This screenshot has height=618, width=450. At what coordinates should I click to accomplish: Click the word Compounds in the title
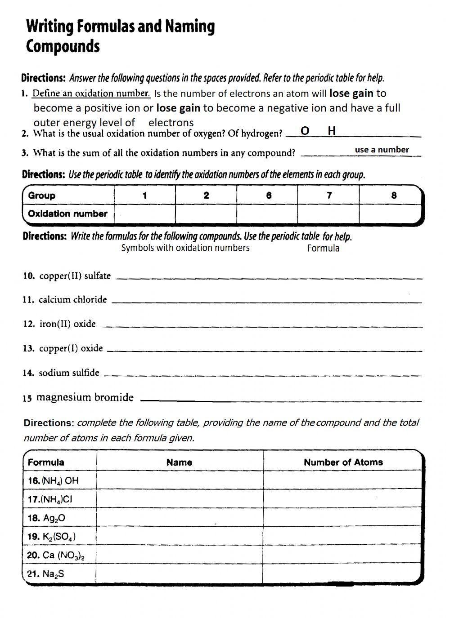(63, 47)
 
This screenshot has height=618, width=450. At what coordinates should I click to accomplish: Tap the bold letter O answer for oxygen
(305, 131)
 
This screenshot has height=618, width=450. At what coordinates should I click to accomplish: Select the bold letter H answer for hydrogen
(332, 131)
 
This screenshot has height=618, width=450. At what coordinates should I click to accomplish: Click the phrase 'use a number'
(382, 150)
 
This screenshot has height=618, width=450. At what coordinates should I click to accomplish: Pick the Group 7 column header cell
(329, 195)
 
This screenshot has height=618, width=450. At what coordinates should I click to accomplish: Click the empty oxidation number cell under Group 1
(144, 214)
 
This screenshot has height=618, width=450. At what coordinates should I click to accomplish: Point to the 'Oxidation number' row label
(67, 214)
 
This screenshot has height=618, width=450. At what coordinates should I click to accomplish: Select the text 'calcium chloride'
(72, 300)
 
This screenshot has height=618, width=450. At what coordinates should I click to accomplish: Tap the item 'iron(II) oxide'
(67, 324)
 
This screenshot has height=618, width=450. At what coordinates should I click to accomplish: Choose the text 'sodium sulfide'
(69, 373)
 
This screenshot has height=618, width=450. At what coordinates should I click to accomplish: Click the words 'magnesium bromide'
(85, 397)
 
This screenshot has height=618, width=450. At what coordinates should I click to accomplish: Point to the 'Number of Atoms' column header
(343, 462)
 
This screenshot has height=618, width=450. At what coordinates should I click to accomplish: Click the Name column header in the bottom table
(179, 462)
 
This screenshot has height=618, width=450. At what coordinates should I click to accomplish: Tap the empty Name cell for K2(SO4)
(180, 536)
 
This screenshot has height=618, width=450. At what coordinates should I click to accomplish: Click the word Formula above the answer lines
(323, 248)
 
